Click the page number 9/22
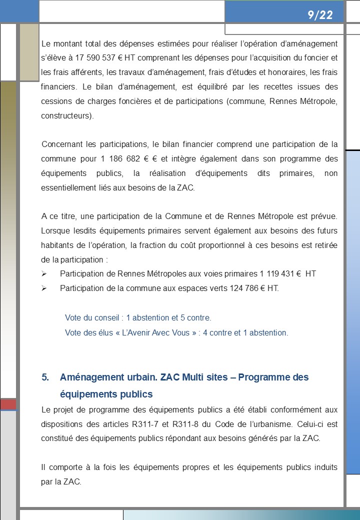click(x=320, y=15)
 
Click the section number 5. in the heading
click(x=45, y=377)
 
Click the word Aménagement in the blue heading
click(x=91, y=377)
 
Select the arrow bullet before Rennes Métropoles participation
click(x=44, y=274)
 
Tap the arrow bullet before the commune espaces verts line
click(x=44, y=288)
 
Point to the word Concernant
click(x=62, y=144)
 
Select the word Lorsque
click(x=55, y=231)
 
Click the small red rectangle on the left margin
click(x=8, y=404)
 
